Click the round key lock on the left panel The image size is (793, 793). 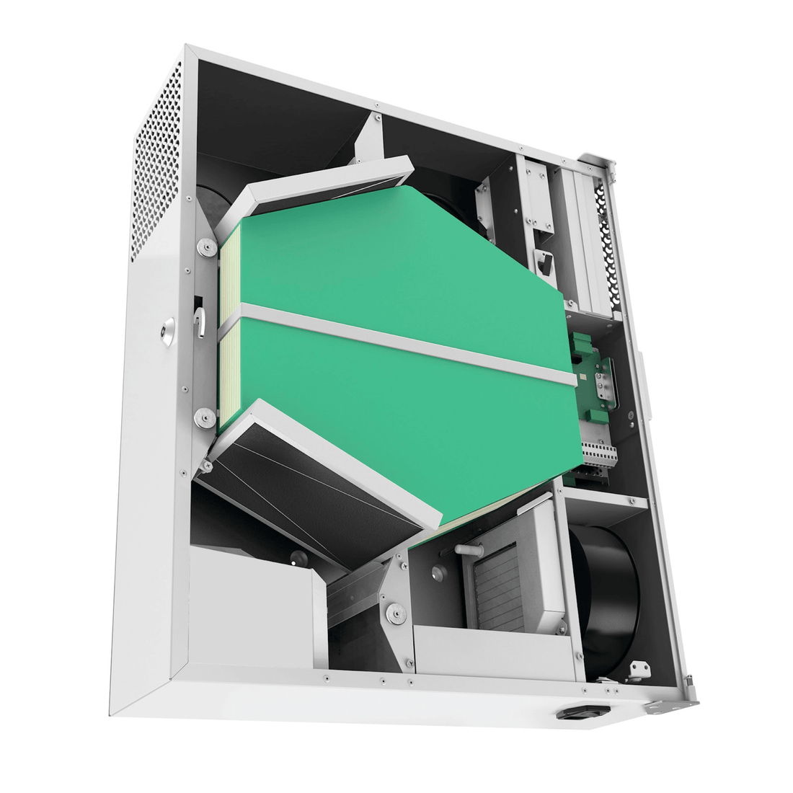(x=168, y=333)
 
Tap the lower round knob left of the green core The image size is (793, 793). (x=205, y=417)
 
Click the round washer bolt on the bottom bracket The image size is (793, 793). (x=394, y=614)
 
